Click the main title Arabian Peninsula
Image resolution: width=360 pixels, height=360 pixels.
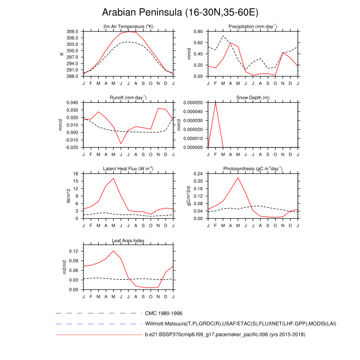180,12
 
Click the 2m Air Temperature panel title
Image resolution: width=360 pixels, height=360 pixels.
128,26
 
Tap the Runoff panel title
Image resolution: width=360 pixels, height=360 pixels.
128,97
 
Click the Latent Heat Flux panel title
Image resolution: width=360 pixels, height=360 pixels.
128,169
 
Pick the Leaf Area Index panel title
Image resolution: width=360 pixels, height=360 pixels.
128,240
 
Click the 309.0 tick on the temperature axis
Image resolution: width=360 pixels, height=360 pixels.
72,31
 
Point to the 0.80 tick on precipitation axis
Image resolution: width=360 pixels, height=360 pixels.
197,31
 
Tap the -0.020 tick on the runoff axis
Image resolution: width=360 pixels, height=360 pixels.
71,147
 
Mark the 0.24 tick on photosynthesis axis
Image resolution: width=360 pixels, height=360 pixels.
197,174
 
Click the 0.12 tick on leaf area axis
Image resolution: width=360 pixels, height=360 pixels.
74,251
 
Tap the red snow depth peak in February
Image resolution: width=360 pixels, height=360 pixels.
215,103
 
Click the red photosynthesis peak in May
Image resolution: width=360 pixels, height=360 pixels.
238,177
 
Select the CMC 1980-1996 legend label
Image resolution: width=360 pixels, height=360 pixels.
164,313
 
